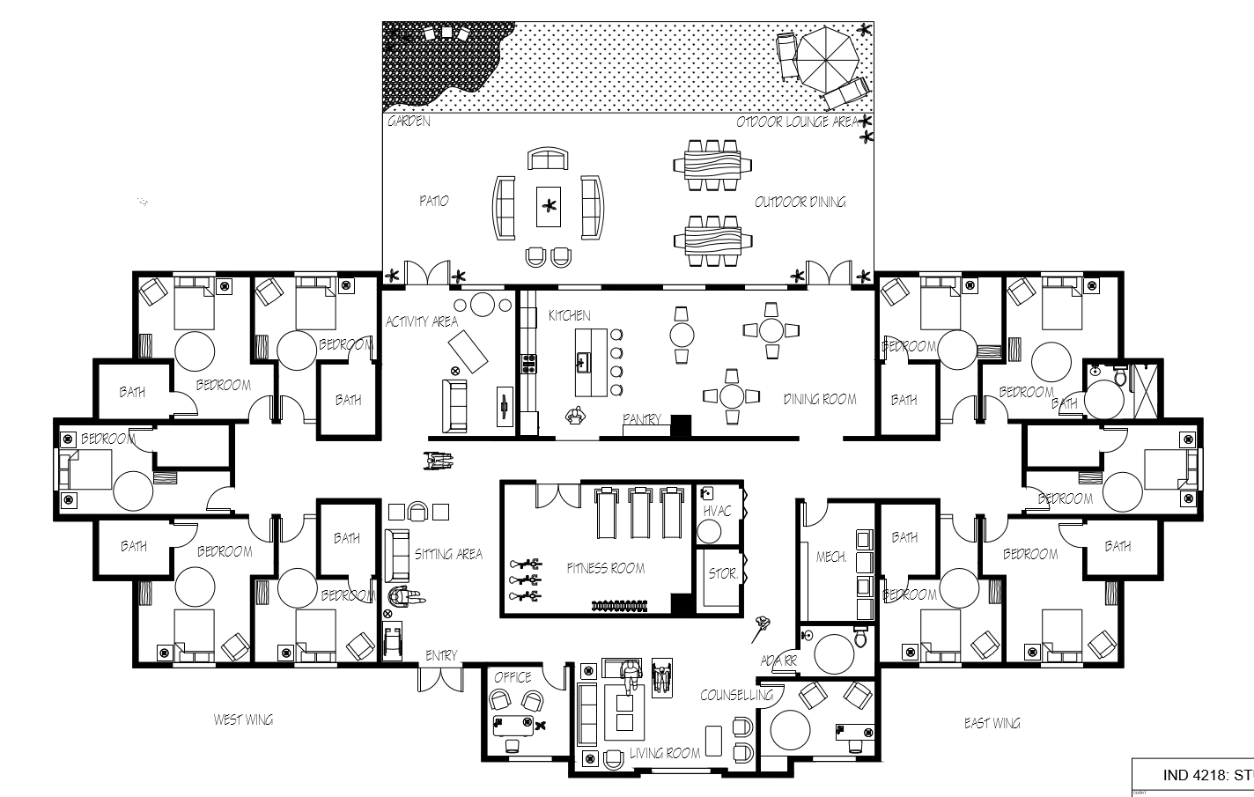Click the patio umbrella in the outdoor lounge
pyautogui.click(x=826, y=55)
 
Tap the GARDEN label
pyautogui.click(x=409, y=122)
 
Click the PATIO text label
pyautogui.click(x=433, y=202)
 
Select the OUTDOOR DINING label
pyautogui.click(x=800, y=203)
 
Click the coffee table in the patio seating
pyautogui.click(x=550, y=207)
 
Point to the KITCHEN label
pyautogui.click(x=570, y=315)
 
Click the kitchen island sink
pyautogui.click(x=582, y=359)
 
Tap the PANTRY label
pyautogui.click(x=642, y=419)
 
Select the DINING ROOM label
pyautogui.click(x=820, y=400)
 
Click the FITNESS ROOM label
pyautogui.click(x=606, y=568)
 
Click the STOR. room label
pyautogui.click(x=722, y=573)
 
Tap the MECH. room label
pyautogui.click(x=830, y=557)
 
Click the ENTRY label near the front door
pyautogui.click(x=441, y=655)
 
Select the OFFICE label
pyautogui.click(x=513, y=676)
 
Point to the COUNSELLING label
pyautogui.click(x=736, y=695)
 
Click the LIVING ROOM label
pyautogui.click(x=665, y=753)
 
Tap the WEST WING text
pyautogui.click(x=243, y=720)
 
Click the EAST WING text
pyautogui.click(x=992, y=723)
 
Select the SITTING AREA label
pyautogui.click(x=448, y=554)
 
